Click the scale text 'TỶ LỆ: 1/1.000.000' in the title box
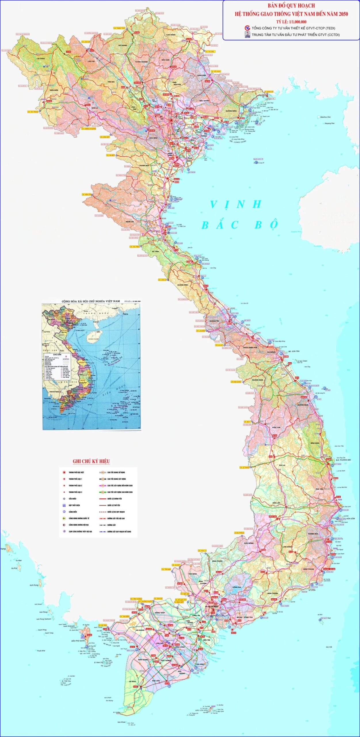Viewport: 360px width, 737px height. pyautogui.click(x=291, y=22)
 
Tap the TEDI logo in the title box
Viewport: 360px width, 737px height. pyautogui.click(x=247, y=28)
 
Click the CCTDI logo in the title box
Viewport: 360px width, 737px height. pyautogui.click(x=247, y=35)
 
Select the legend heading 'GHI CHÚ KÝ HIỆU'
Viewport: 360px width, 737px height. pyautogui.click(x=91, y=461)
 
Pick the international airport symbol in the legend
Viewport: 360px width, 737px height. pyautogui.click(x=64, y=518)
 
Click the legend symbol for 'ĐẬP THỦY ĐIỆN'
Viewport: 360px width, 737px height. pyautogui.click(x=64, y=505)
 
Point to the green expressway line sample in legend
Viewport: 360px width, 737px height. pyautogui.click(x=103, y=492)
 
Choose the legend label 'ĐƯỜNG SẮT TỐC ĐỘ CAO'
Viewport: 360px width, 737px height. pyautogui.click(x=116, y=518)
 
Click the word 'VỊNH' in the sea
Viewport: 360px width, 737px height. pyautogui.click(x=236, y=204)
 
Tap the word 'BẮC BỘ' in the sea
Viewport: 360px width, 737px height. pyautogui.click(x=240, y=225)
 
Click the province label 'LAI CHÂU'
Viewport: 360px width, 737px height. pyautogui.click(x=41, y=58)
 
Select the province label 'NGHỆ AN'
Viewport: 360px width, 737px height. pyautogui.click(x=130, y=222)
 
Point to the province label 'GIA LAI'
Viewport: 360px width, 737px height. pyautogui.click(x=282, y=465)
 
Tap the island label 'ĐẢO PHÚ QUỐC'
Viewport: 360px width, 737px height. pyautogui.click(x=78, y=641)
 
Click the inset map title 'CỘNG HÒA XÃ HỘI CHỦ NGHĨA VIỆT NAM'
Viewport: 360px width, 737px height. pyautogui.click(x=91, y=301)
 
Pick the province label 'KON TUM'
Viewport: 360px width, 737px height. pyautogui.click(x=276, y=428)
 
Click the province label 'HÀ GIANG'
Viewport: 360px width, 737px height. pyautogui.click(x=123, y=45)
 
